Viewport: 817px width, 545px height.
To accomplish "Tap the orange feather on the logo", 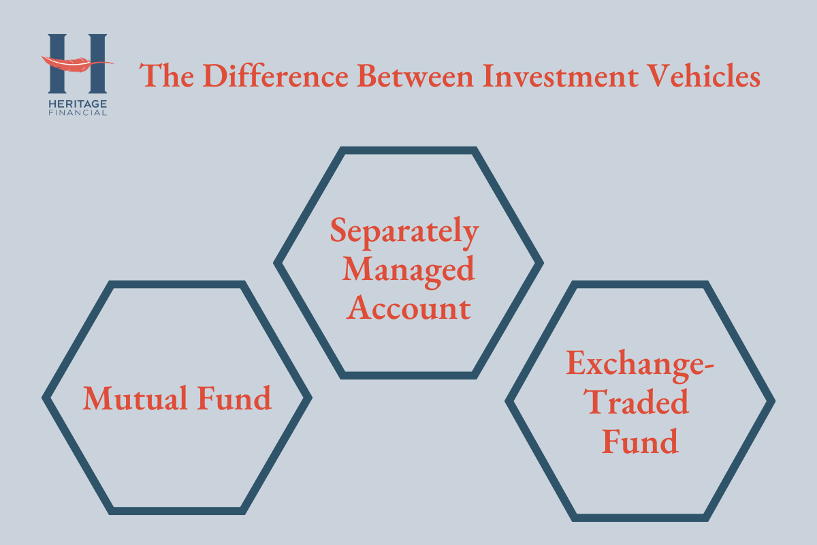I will [x=71, y=63].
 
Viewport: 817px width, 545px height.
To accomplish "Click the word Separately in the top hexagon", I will [x=405, y=232].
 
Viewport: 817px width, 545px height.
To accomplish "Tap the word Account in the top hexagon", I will [x=408, y=308].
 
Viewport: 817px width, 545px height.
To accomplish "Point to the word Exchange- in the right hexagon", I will [x=639, y=365].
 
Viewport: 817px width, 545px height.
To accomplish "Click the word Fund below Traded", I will [x=640, y=442].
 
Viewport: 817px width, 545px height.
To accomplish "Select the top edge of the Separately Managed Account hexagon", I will [x=408, y=151].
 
